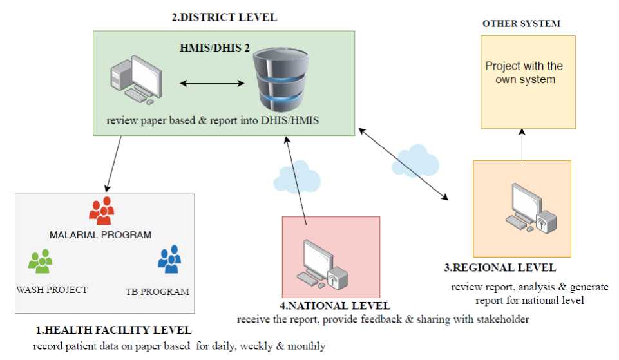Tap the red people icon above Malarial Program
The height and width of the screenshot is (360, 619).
pos(101,211)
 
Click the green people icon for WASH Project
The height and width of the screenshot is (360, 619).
pos(41,261)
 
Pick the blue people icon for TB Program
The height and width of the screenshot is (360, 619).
pos(169,260)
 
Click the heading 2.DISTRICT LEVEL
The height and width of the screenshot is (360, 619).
pos(224,17)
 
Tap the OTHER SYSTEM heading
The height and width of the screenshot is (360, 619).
pos(521,24)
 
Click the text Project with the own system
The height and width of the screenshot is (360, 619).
pos(524,73)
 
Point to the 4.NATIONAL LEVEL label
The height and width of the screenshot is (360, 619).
pos(330,305)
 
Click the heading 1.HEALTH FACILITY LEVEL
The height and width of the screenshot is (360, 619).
pos(113,330)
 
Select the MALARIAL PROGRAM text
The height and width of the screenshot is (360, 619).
pos(100,234)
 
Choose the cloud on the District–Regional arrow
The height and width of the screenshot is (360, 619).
pos(416,160)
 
